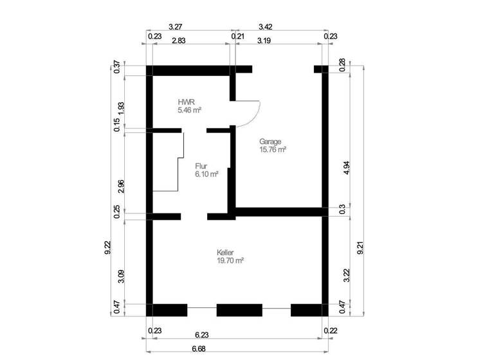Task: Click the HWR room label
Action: click(186, 102)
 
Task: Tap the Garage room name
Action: click(271, 141)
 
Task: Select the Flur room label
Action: click(201, 166)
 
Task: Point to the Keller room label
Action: click(226, 253)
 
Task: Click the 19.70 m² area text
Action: click(230, 261)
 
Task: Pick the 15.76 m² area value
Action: click(273, 149)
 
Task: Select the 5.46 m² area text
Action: click(190, 111)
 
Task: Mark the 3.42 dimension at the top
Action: click(265, 28)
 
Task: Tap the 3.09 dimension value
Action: click(122, 278)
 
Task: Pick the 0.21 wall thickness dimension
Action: click(237, 37)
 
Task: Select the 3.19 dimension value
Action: click(264, 40)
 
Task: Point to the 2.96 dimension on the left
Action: click(122, 186)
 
